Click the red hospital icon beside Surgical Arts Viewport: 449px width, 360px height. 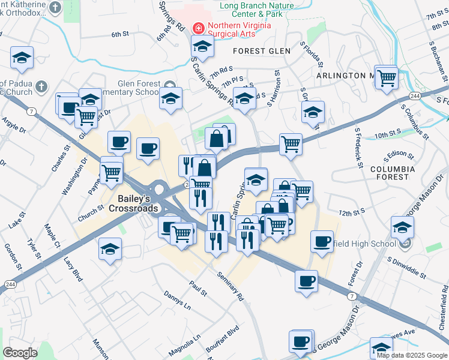[197, 27]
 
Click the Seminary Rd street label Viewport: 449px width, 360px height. [231, 284]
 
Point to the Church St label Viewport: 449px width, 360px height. [91, 212]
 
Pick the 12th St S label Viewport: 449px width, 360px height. [352, 212]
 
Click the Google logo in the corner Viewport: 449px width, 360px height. [20, 353]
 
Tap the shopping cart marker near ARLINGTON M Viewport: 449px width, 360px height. [388, 77]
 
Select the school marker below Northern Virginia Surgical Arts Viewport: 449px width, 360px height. [203, 46]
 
